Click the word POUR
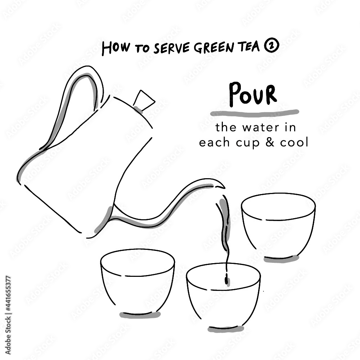click(253, 94)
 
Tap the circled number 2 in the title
click(272, 48)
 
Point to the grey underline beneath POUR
click(254, 113)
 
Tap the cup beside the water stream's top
click(278, 225)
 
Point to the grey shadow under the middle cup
click(226, 328)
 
